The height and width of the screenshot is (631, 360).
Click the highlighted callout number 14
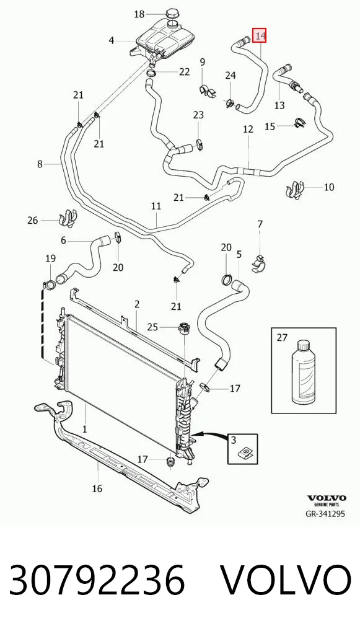tap(259, 36)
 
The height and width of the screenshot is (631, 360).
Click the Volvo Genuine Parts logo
tap(327, 501)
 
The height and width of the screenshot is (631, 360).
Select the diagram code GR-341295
tap(326, 513)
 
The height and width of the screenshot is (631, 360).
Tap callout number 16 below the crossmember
tap(97, 488)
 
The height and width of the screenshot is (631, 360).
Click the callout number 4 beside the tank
tap(112, 40)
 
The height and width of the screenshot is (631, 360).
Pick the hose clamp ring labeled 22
tap(152, 73)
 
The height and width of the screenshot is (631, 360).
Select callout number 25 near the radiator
tap(153, 327)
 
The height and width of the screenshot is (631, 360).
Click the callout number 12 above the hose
tap(248, 129)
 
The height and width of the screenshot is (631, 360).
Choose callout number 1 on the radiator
tap(84, 429)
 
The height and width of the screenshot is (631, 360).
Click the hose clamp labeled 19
tap(50, 285)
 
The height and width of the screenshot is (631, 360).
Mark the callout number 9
tap(203, 62)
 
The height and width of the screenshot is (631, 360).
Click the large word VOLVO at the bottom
tap(287, 580)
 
